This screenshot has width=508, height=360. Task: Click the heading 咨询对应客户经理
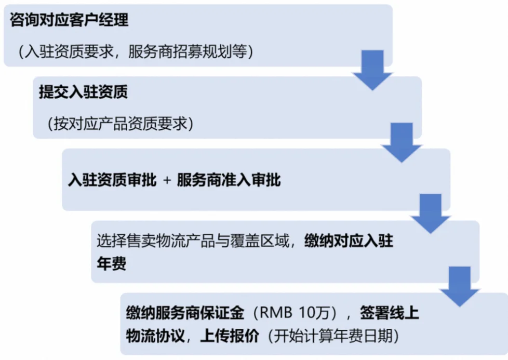(69, 20)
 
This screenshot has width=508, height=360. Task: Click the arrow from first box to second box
(372, 70)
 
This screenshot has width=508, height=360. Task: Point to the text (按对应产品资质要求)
(119, 125)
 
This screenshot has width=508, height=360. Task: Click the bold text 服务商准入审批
(229, 180)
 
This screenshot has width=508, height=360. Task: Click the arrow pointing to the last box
(459, 286)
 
